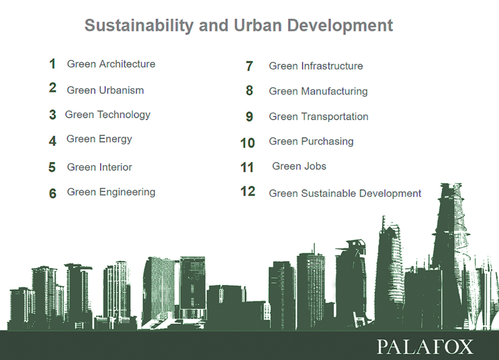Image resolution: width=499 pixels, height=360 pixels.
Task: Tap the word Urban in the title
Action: click(x=258, y=25)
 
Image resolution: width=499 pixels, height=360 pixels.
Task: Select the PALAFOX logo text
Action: click(x=425, y=347)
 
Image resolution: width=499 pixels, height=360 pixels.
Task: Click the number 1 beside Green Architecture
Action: click(x=53, y=64)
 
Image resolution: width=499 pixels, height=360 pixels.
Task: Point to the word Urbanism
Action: click(x=121, y=90)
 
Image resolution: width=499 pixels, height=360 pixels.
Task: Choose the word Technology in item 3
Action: click(x=124, y=115)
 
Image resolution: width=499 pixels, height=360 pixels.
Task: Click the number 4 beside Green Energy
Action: click(x=53, y=141)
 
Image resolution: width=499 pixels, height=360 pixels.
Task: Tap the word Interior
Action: click(x=115, y=167)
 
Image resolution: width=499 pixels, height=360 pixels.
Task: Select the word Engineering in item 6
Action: click(x=127, y=192)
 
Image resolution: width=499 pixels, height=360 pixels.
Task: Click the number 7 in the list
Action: click(x=249, y=66)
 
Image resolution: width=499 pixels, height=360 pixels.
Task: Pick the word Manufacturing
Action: click(x=334, y=91)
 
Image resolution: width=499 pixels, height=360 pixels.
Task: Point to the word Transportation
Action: click(x=335, y=117)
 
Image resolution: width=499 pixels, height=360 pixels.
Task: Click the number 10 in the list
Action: click(x=247, y=143)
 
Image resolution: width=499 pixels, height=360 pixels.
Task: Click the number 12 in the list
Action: click(x=248, y=192)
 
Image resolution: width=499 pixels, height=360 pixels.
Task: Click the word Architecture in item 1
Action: click(x=127, y=64)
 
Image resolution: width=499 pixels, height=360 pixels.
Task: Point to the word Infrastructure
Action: click(x=332, y=66)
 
